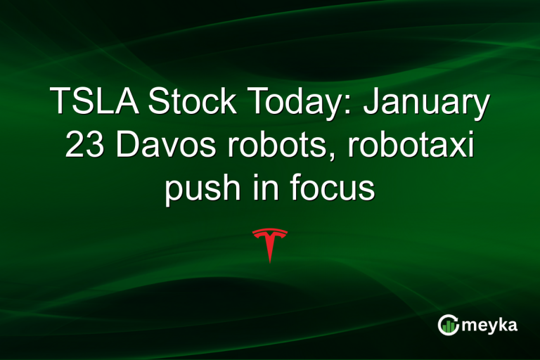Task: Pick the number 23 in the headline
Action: pyautogui.click(x=84, y=147)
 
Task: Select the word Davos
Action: pyautogui.click(x=155, y=147)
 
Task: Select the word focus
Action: pyautogui.click(x=333, y=188)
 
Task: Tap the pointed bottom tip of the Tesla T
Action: pyautogui.click(x=270, y=262)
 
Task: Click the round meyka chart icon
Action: pyautogui.click(x=448, y=325)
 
